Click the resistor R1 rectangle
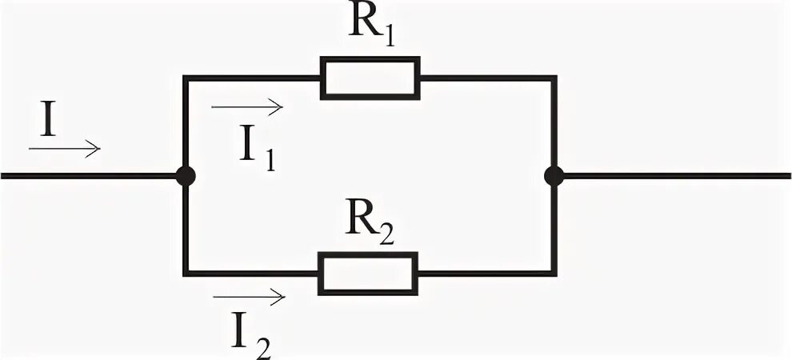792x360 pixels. point(370,78)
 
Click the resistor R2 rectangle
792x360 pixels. point(369,273)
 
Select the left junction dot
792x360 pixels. point(185,176)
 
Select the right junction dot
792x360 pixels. point(553,176)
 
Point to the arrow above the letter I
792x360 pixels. point(64,148)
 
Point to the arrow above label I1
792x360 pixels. point(247,106)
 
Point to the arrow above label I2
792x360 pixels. point(249,298)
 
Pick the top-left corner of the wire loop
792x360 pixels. point(185,78)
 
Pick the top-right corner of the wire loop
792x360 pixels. point(554,78)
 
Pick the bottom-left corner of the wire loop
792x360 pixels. point(185,274)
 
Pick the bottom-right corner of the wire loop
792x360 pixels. point(554,274)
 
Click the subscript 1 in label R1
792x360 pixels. point(389,39)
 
